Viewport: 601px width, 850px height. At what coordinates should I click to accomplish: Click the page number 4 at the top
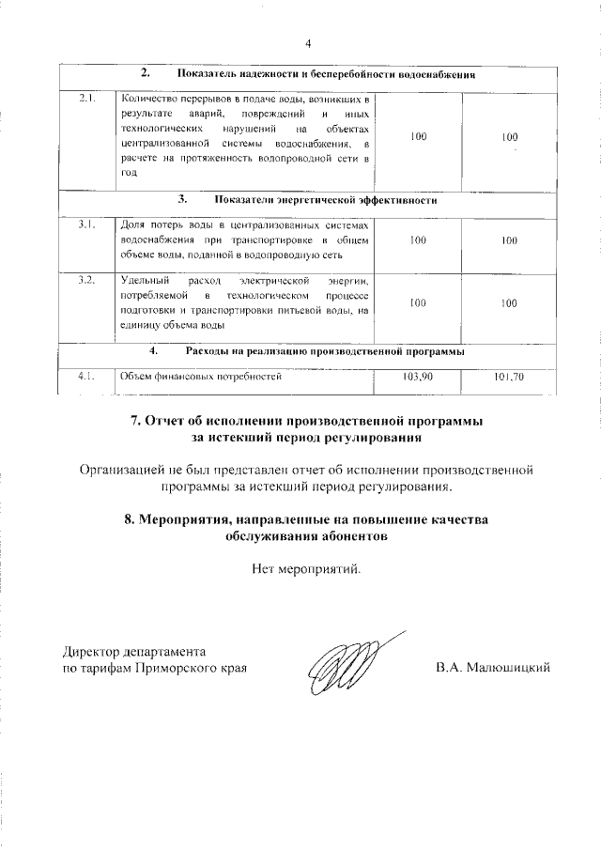pyautogui.click(x=307, y=42)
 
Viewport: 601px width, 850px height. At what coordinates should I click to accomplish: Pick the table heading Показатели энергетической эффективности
pyautogui.click(x=325, y=200)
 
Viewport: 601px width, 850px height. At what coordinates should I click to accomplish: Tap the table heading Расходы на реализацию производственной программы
pyautogui.click(x=325, y=352)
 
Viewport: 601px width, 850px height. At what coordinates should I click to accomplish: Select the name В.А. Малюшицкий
pyautogui.click(x=492, y=668)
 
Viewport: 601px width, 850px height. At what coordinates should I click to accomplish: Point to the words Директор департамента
pyautogui.click(x=133, y=651)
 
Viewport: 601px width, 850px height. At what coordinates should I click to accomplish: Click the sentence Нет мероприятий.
pyautogui.click(x=305, y=568)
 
